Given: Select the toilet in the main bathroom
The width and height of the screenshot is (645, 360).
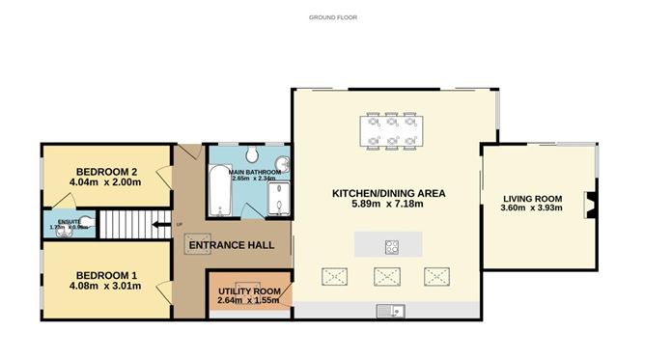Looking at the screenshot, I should click(x=250, y=154).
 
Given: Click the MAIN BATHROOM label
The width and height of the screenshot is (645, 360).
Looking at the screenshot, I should click(x=254, y=171).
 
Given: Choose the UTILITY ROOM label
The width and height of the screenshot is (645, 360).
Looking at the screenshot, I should click(x=249, y=291).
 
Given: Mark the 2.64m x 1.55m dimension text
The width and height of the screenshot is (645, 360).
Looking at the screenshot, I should click(x=249, y=301).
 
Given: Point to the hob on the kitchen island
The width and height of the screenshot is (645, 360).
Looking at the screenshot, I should click(x=393, y=244).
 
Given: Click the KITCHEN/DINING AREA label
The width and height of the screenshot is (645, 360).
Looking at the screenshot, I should click(x=388, y=193).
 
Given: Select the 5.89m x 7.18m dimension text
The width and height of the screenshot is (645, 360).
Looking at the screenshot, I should click(x=388, y=206).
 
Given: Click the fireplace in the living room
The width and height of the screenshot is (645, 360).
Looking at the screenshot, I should click(x=588, y=205).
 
